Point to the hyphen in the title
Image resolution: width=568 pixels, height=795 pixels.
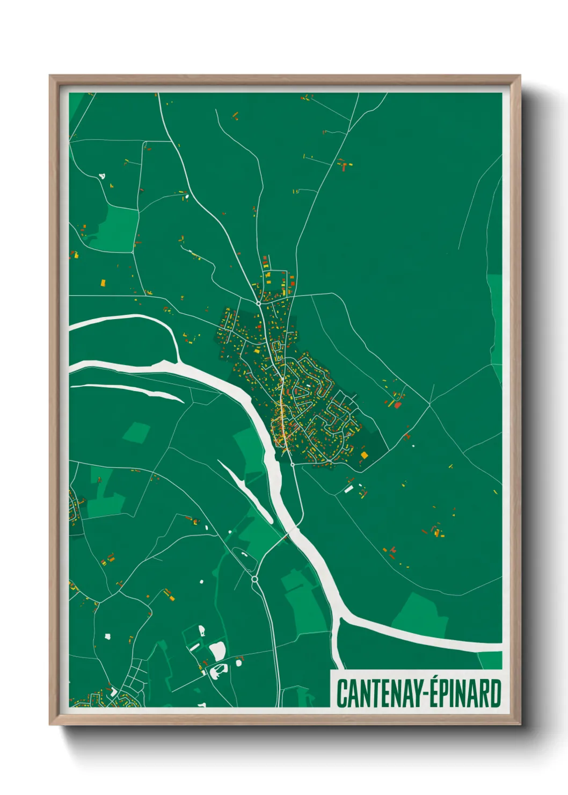point(420,694)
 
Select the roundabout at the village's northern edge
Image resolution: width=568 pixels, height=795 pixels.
point(258,303)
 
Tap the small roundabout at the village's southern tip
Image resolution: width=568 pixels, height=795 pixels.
point(292,464)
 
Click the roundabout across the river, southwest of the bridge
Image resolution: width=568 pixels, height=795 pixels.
point(254,579)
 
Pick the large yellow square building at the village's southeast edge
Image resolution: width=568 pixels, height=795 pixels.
point(365,455)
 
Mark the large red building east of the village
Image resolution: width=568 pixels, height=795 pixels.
point(397,404)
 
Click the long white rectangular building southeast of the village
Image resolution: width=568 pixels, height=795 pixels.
point(348,489)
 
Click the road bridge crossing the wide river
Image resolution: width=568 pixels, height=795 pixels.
point(287,535)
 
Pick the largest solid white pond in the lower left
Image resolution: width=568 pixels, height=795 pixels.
point(217,651)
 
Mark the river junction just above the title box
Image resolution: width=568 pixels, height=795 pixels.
point(340,623)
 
